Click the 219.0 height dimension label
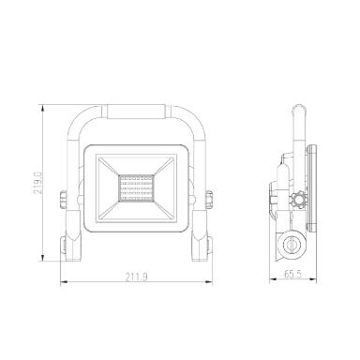tap(38, 183)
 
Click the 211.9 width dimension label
tap(137, 277)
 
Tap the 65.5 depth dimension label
tap(292, 275)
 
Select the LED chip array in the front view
tap(136, 188)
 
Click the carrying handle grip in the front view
tap(136, 112)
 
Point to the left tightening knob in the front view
tap(63, 200)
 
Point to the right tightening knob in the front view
tap(209, 200)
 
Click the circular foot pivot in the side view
tap(292, 245)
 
